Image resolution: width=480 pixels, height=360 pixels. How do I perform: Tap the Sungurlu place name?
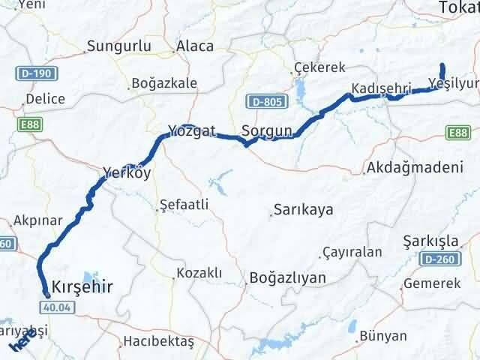(119, 46)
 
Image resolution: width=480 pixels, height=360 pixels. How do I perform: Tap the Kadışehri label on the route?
(381, 88)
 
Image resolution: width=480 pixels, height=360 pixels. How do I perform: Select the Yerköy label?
(127, 173)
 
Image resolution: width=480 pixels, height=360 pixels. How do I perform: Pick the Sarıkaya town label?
(303, 209)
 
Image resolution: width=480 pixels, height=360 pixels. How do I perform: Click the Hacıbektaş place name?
(158, 342)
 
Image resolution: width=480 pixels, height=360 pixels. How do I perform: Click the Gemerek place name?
(431, 283)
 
